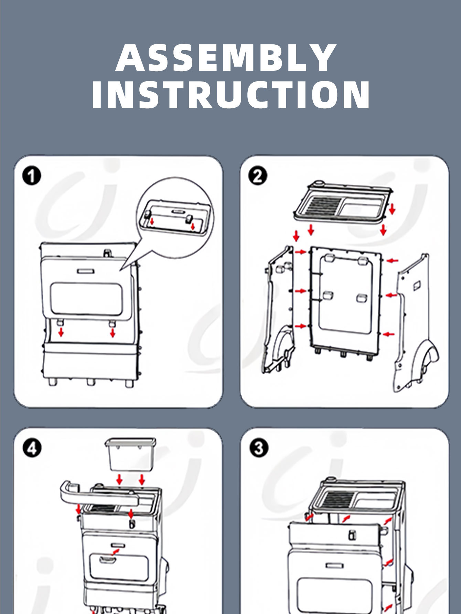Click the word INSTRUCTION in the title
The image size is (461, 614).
click(x=231, y=95)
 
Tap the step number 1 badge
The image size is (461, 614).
click(x=31, y=176)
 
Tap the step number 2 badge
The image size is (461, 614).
click(x=257, y=176)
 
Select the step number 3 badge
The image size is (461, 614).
click(x=258, y=448)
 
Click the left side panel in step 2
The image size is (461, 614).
click(x=279, y=310)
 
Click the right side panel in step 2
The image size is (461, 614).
click(x=415, y=320)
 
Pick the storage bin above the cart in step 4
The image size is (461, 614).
click(x=130, y=454)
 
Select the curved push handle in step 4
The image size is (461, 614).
click(x=96, y=495)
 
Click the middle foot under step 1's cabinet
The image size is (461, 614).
click(x=90, y=382)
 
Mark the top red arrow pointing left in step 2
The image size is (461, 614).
click(x=392, y=261)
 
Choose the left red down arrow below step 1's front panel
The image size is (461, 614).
click(x=61, y=332)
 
